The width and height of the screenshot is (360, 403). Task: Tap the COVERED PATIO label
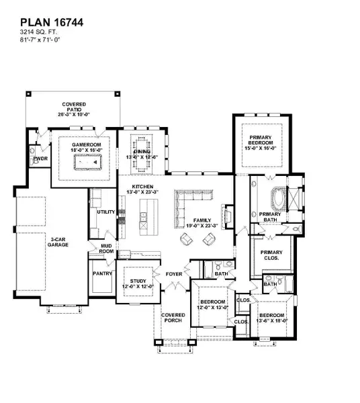[74, 108]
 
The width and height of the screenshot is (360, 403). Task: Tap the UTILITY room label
[106, 212]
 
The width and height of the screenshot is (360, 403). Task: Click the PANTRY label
[102, 274]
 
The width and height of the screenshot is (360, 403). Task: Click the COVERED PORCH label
[174, 318]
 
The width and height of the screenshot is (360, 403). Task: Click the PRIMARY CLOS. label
[271, 255]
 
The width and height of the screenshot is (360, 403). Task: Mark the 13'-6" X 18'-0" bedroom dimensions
[272, 320]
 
